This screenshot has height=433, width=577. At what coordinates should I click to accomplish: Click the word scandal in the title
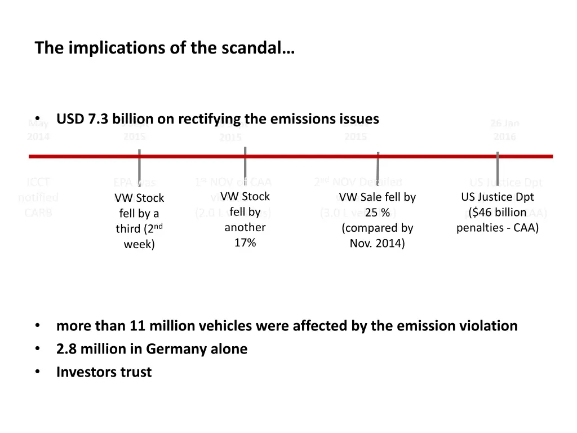pyautogui.click(x=261, y=48)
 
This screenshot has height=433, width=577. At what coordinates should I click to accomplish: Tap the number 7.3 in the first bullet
pyautogui.click(x=99, y=120)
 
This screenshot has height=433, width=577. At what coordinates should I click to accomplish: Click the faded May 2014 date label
pyautogui.click(x=38, y=130)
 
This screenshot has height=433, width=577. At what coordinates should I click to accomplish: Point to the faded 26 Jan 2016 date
pyautogui.click(x=504, y=130)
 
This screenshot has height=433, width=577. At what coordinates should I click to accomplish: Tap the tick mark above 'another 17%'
pyautogui.click(x=245, y=164)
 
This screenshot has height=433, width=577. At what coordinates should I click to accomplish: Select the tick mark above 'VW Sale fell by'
pyautogui.click(x=378, y=167)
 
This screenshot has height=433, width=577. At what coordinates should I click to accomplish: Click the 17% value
pyautogui.click(x=245, y=243)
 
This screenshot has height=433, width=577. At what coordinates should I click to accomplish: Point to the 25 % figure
pyautogui.click(x=377, y=213)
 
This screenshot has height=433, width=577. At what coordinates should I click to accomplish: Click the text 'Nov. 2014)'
pyautogui.click(x=377, y=244)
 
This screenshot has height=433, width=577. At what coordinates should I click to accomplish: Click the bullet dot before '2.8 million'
pyautogui.click(x=37, y=349)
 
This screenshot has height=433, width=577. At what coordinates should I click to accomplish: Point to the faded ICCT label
pyautogui.click(x=38, y=182)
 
